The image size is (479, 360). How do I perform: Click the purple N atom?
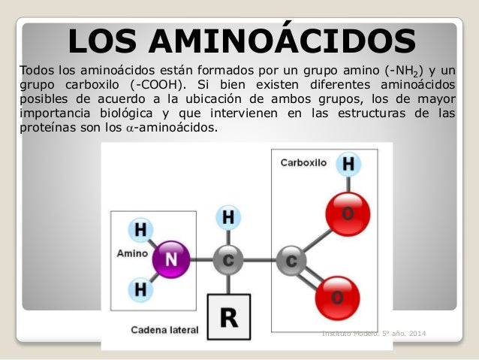173,260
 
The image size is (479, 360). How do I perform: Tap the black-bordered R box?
228,317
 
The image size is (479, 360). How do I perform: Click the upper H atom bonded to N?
138,228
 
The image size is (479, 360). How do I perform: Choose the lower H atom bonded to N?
139,289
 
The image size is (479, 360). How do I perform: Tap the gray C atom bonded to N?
228,261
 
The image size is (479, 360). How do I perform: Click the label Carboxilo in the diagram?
303,162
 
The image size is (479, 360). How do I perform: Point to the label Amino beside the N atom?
132,254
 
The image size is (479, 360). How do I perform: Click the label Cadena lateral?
164,329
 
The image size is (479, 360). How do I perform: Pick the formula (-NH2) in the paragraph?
404,70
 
